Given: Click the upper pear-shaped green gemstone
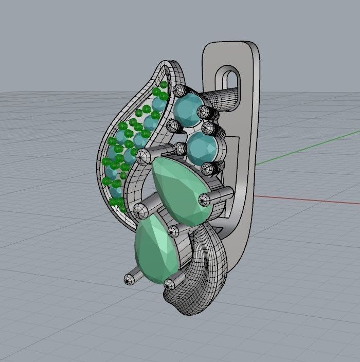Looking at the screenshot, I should (177, 188).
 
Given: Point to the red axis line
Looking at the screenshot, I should (309, 200).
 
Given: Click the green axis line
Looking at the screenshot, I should (309, 149).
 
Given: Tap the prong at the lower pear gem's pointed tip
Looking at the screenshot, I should (130, 279).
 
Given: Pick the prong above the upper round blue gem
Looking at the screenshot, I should (179, 91).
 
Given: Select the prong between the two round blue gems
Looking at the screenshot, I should (208, 126).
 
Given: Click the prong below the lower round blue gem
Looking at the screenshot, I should (207, 168).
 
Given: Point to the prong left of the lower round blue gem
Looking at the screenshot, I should (180, 149).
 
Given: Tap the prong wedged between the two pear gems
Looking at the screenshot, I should (174, 231).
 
